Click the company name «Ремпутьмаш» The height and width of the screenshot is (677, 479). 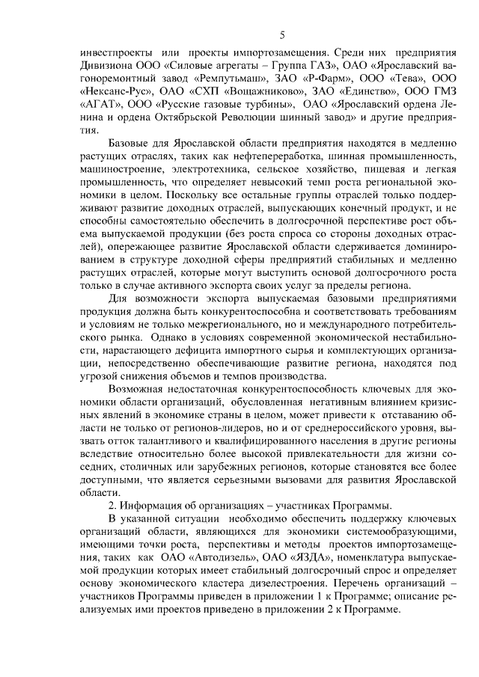click(224, 77)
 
